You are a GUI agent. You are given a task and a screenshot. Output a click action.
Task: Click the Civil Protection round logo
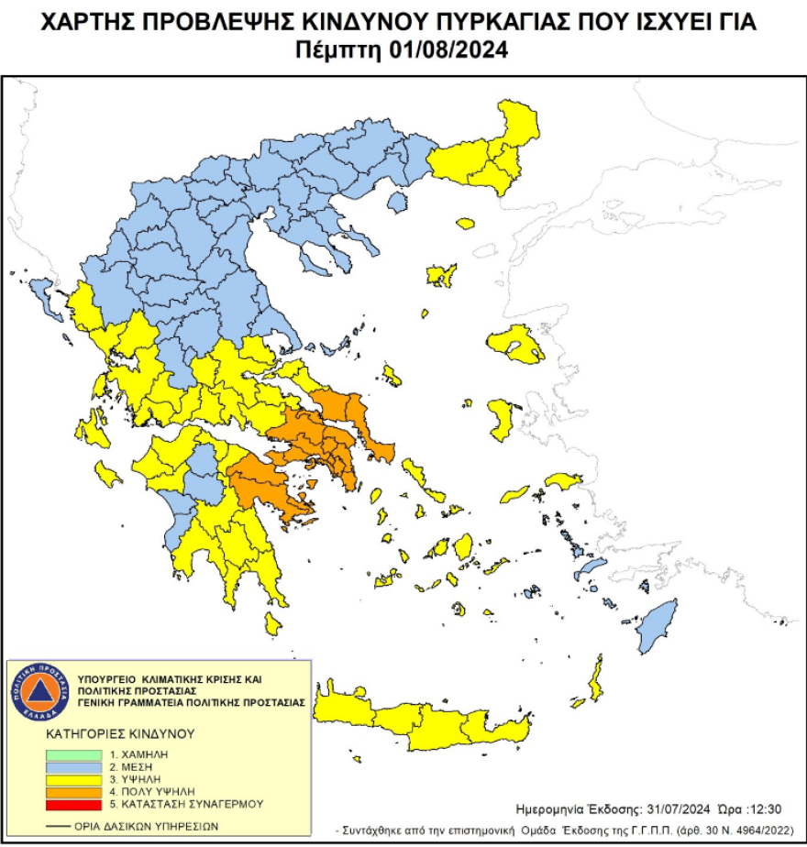click(x=39, y=690)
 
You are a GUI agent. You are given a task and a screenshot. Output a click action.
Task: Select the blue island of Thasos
click(x=397, y=201)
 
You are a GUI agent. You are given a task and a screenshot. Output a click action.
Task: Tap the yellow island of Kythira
click(x=271, y=623)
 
